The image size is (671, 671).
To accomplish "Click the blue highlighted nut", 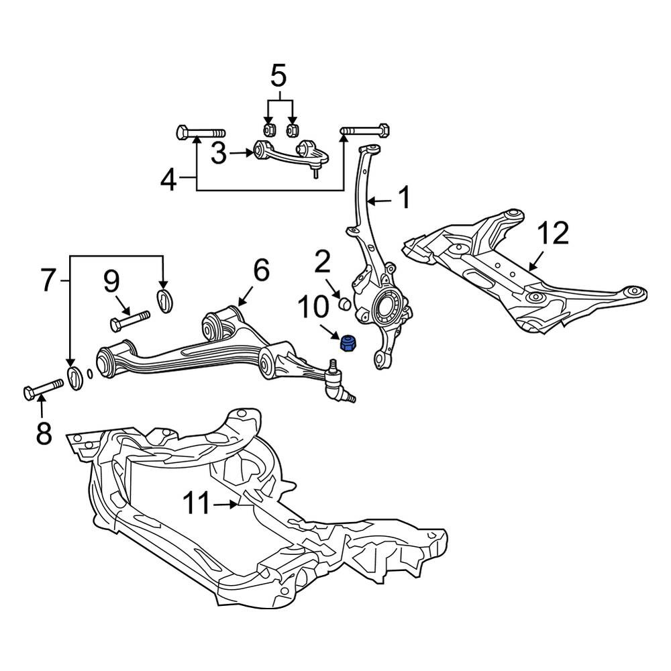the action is click(349, 344).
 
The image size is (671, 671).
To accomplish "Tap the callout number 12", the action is click(554, 234).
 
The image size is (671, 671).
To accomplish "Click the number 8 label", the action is click(44, 433).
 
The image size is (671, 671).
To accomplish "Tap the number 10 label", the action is click(314, 307).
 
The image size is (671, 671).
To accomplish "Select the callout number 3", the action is click(219, 153).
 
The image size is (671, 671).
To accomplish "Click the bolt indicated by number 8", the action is click(43, 389).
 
